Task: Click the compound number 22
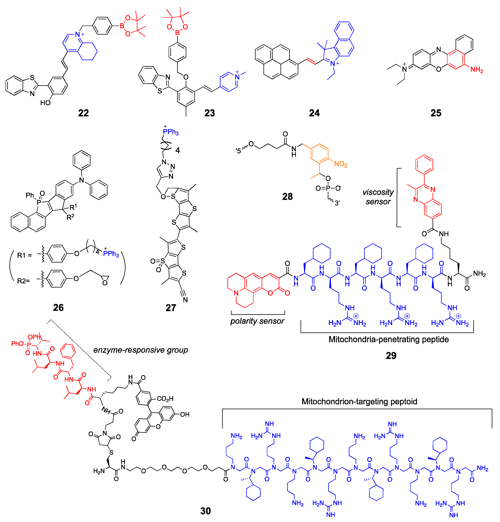pos(83,113)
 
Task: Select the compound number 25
pos(436,113)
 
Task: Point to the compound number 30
pos(205,511)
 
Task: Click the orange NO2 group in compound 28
pos(341,164)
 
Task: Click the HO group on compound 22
pos(45,103)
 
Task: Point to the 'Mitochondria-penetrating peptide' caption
pos(389,339)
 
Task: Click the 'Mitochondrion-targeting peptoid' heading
pos(359,401)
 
